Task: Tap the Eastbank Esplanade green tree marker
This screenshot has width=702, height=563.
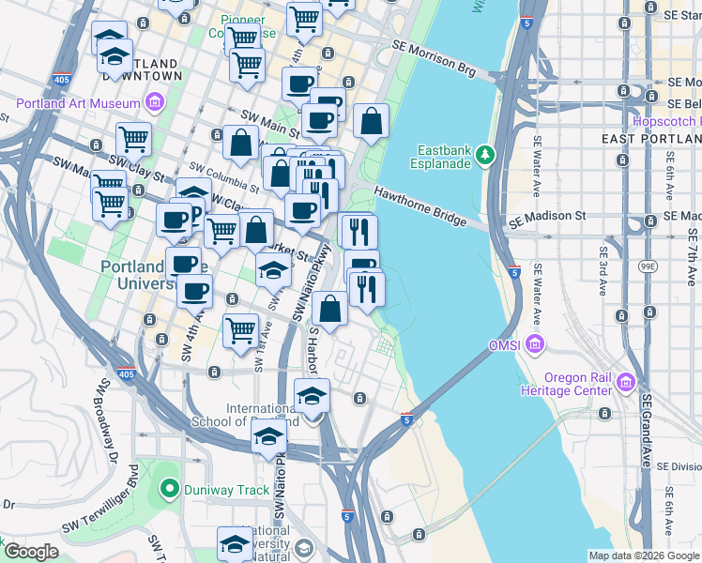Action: (x=485, y=154)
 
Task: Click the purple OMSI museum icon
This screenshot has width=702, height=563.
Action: (x=535, y=345)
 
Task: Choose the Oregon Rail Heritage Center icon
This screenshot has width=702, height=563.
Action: (x=626, y=383)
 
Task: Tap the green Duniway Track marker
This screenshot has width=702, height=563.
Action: (x=169, y=488)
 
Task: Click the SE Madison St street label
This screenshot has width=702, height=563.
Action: (x=546, y=216)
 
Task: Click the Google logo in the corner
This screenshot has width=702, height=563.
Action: (x=30, y=552)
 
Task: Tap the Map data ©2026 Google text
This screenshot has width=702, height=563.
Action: (x=644, y=555)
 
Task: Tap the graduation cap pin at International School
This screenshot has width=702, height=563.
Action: (x=313, y=396)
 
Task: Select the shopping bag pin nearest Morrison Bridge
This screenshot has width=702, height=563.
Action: (x=372, y=121)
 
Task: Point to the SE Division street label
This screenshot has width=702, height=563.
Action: (x=679, y=466)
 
